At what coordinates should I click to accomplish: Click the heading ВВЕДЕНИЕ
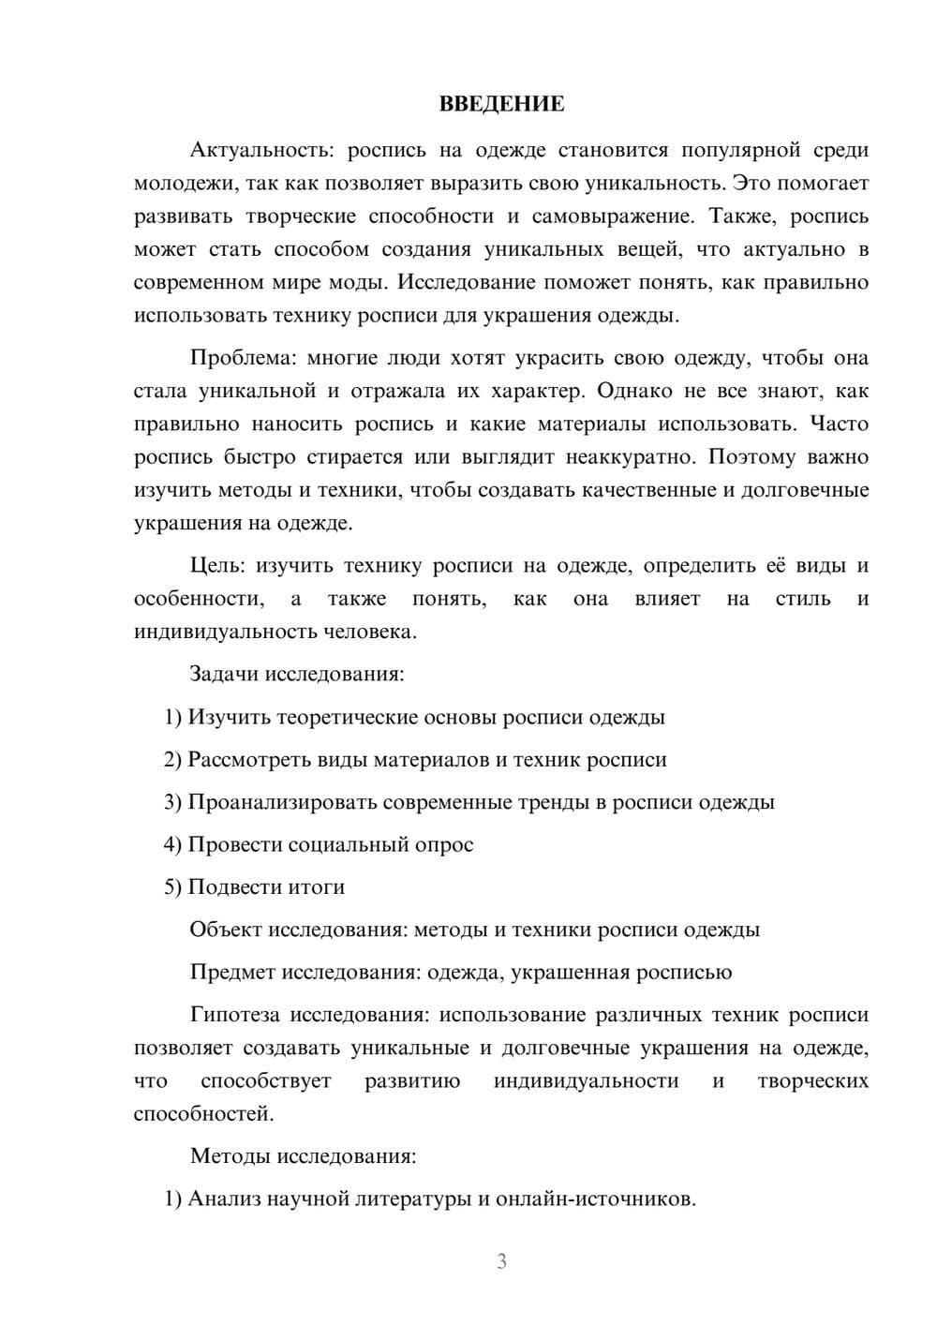[x=501, y=104]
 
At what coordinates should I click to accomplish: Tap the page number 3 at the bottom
[x=501, y=1261]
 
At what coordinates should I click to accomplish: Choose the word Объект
[x=226, y=930]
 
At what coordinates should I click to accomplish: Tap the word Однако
[x=637, y=391]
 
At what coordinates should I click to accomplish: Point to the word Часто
[x=839, y=424]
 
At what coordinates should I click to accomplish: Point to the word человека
[x=368, y=632]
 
